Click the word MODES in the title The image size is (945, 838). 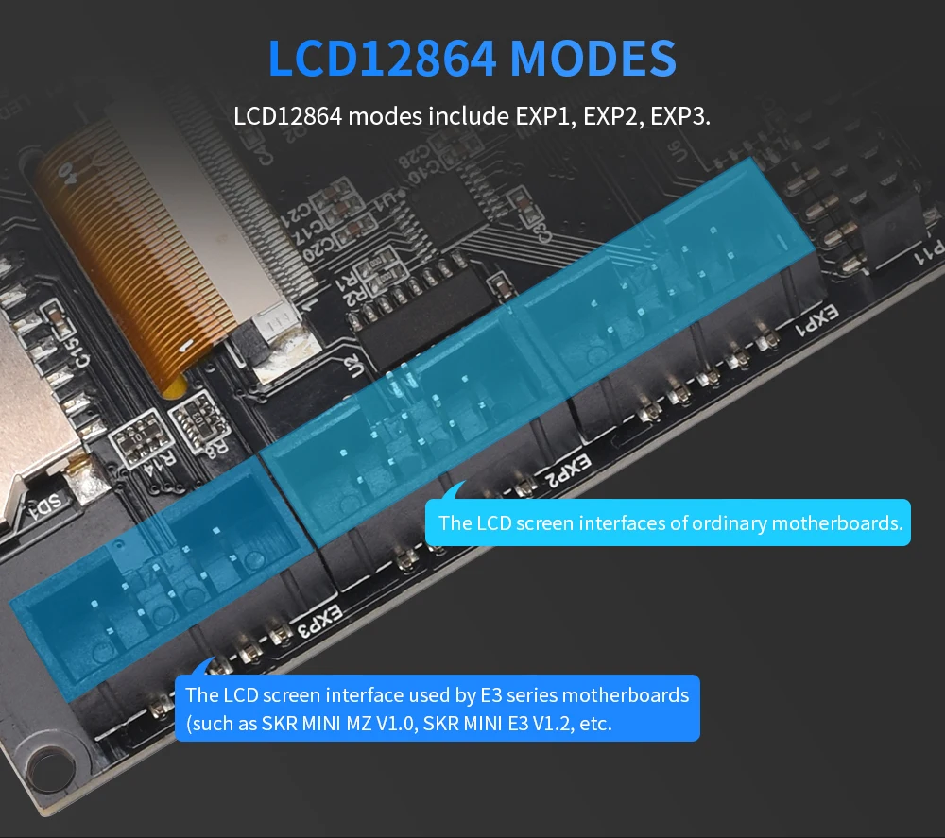[x=593, y=59]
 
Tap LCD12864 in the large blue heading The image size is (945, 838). [x=382, y=59]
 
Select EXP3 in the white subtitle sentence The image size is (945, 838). [x=679, y=118]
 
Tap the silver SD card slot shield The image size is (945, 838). [x=24, y=397]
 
